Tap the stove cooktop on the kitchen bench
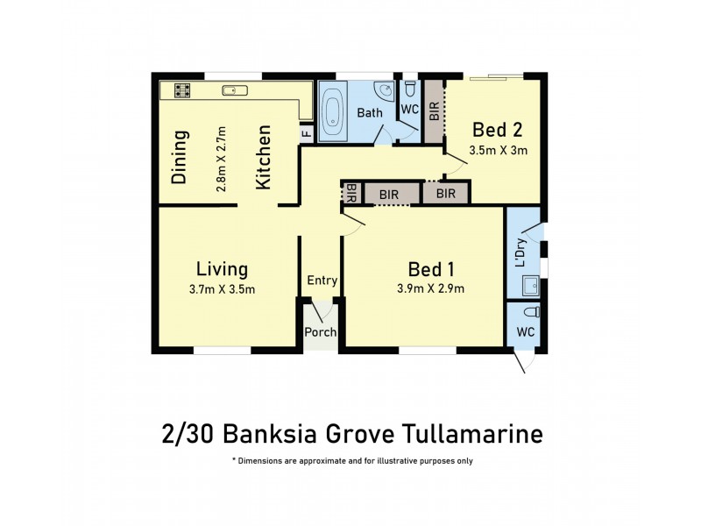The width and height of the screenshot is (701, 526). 182,89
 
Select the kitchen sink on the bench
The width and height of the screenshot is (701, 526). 231,89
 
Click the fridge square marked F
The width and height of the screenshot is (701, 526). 306,133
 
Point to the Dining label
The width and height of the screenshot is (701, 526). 180,158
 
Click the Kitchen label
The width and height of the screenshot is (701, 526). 263,158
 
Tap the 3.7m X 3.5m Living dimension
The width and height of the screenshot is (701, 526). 223,289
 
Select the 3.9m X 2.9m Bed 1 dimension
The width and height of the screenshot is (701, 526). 430,289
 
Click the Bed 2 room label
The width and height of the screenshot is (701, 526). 498,130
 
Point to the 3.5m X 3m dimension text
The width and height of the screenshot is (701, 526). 498,150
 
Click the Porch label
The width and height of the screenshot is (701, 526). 321,332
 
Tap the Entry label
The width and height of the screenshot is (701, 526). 322,281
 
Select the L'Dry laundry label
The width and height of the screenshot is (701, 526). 520,252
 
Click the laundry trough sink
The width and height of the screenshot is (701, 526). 529,284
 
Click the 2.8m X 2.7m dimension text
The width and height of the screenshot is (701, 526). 222,159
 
